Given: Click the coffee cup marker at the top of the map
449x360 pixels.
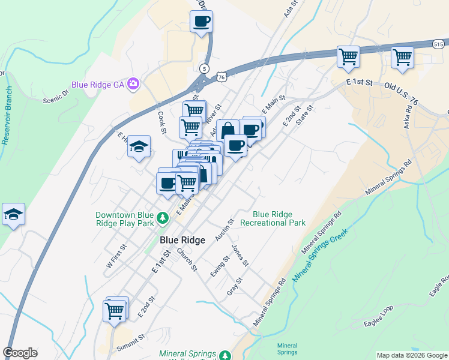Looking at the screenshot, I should pos(200,22).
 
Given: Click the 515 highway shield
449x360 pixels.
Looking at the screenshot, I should pos(439,43).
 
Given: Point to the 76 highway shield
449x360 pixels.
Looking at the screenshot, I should pos(222,77).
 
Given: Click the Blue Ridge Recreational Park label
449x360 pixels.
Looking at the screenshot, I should pos(273,218).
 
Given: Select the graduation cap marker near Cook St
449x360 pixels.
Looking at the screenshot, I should pos(138,147).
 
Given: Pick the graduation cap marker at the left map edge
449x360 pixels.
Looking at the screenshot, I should pos(13,214).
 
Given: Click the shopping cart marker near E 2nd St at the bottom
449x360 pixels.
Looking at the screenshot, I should pos(114,310).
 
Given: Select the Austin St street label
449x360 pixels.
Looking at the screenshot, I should pos(224,230).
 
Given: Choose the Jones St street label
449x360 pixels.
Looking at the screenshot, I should pos(240,255).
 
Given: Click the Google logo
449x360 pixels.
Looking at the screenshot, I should pos(20,353).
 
